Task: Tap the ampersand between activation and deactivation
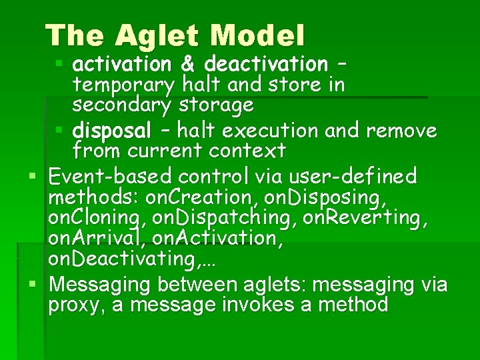click(x=187, y=64)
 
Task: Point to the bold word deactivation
click(x=266, y=64)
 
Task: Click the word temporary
click(x=123, y=85)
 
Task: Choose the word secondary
click(x=123, y=105)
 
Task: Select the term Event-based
click(x=111, y=176)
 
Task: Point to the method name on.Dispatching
click(x=224, y=218)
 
